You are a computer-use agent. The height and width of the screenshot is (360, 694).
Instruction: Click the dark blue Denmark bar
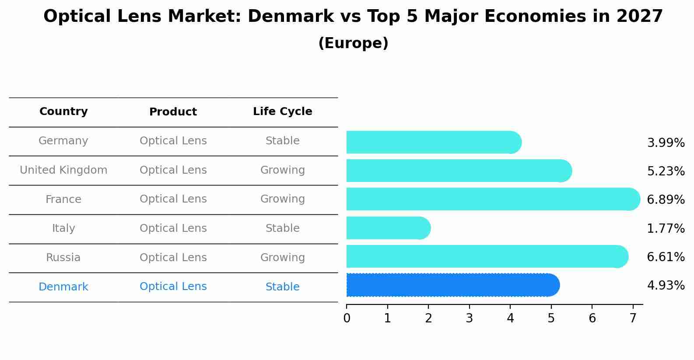point(453,285)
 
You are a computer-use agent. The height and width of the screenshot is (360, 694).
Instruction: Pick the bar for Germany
point(434,143)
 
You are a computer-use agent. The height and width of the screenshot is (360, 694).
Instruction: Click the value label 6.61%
point(666,257)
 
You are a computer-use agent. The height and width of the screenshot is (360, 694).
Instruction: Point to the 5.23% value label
point(666,171)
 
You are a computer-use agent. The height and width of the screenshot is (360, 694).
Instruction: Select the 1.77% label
point(666,228)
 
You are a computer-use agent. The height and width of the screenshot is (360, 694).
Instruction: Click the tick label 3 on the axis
point(470,318)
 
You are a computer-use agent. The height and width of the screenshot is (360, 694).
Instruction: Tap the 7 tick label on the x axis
point(633,318)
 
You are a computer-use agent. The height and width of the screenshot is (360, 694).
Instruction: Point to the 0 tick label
point(347,318)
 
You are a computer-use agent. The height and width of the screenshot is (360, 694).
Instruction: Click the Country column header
point(63,112)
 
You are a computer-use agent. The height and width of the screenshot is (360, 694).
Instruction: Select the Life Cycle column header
point(283,112)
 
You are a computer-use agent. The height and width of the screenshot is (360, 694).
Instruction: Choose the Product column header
point(173,112)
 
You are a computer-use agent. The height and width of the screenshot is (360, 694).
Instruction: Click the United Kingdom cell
point(63,170)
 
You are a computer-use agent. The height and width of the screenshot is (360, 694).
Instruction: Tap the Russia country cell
point(63,258)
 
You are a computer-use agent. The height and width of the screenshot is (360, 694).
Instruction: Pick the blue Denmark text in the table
point(63,287)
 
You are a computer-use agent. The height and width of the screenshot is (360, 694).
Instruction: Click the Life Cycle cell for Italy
point(283,228)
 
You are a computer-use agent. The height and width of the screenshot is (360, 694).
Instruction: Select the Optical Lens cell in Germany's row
point(173,141)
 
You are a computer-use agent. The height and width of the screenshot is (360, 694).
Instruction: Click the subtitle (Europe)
point(353,43)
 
